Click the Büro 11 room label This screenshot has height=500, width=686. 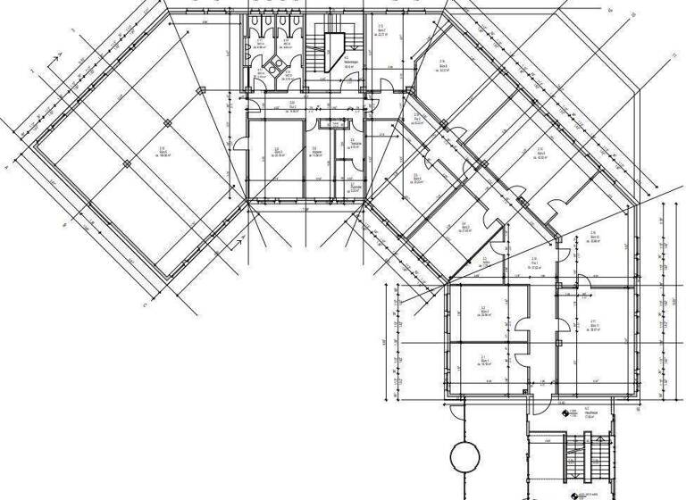click(x=592, y=324)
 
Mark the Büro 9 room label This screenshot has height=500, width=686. click(x=540, y=151)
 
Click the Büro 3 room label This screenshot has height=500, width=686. click(x=417, y=178)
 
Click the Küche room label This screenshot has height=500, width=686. click(x=314, y=151)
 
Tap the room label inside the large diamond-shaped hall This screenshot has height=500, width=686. click(x=163, y=151)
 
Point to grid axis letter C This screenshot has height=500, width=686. click(x=143, y=304)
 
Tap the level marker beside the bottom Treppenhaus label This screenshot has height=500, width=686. click(x=565, y=413)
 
